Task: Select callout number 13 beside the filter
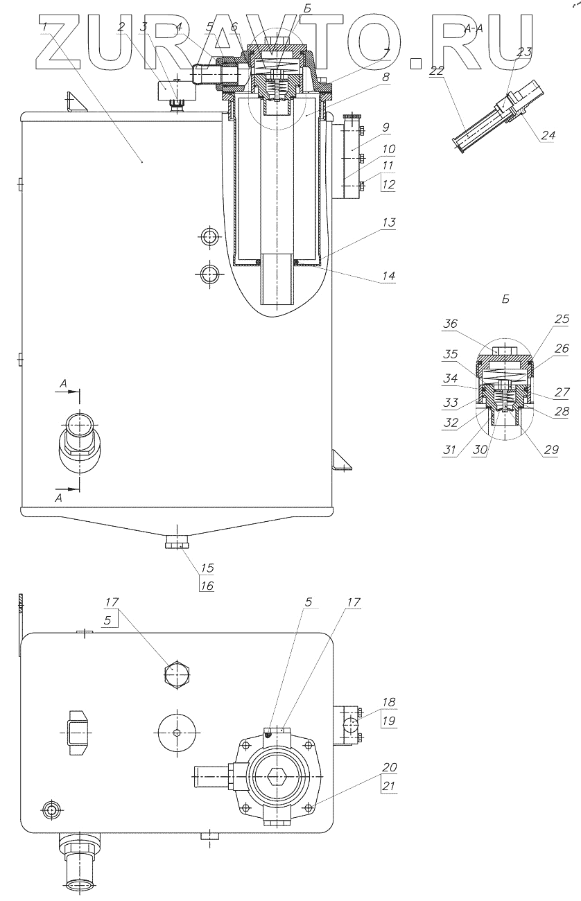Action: [389, 222]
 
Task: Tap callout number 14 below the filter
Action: [388, 275]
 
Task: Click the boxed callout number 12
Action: [388, 184]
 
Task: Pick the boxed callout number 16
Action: [207, 585]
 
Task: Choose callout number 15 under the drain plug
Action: [207, 568]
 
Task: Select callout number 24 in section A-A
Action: [548, 135]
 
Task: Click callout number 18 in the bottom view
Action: [389, 702]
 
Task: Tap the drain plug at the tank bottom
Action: [179, 539]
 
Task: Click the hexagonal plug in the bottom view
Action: [177, 674]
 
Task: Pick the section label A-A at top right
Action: [475, 28]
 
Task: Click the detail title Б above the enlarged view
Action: [505, 299]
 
